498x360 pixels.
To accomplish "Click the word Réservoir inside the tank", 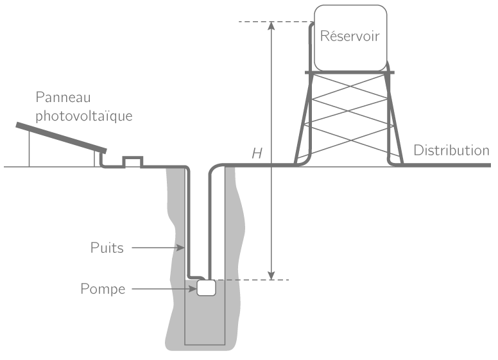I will pos(350,36).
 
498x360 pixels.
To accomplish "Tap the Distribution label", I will pos(451,151).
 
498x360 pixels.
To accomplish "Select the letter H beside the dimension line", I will pos(257,153).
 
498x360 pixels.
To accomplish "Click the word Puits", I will pos(107,248).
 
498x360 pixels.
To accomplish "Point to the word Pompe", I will pos(103,289).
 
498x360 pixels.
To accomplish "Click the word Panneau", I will pos(64,98).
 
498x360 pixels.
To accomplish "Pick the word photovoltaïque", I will pos(84,116).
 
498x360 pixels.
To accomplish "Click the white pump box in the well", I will pos(206,288).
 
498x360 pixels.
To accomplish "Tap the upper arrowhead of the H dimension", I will pos(271,26).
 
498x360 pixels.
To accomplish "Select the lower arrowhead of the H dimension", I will pos(271,275).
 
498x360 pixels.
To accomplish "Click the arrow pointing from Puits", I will pos(157,248).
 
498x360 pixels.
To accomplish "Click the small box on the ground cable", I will pos(132,161).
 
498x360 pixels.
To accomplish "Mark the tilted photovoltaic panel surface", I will pos(61,137).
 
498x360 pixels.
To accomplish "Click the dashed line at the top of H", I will pos(253,22).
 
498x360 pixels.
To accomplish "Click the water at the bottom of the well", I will pos(205,321).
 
